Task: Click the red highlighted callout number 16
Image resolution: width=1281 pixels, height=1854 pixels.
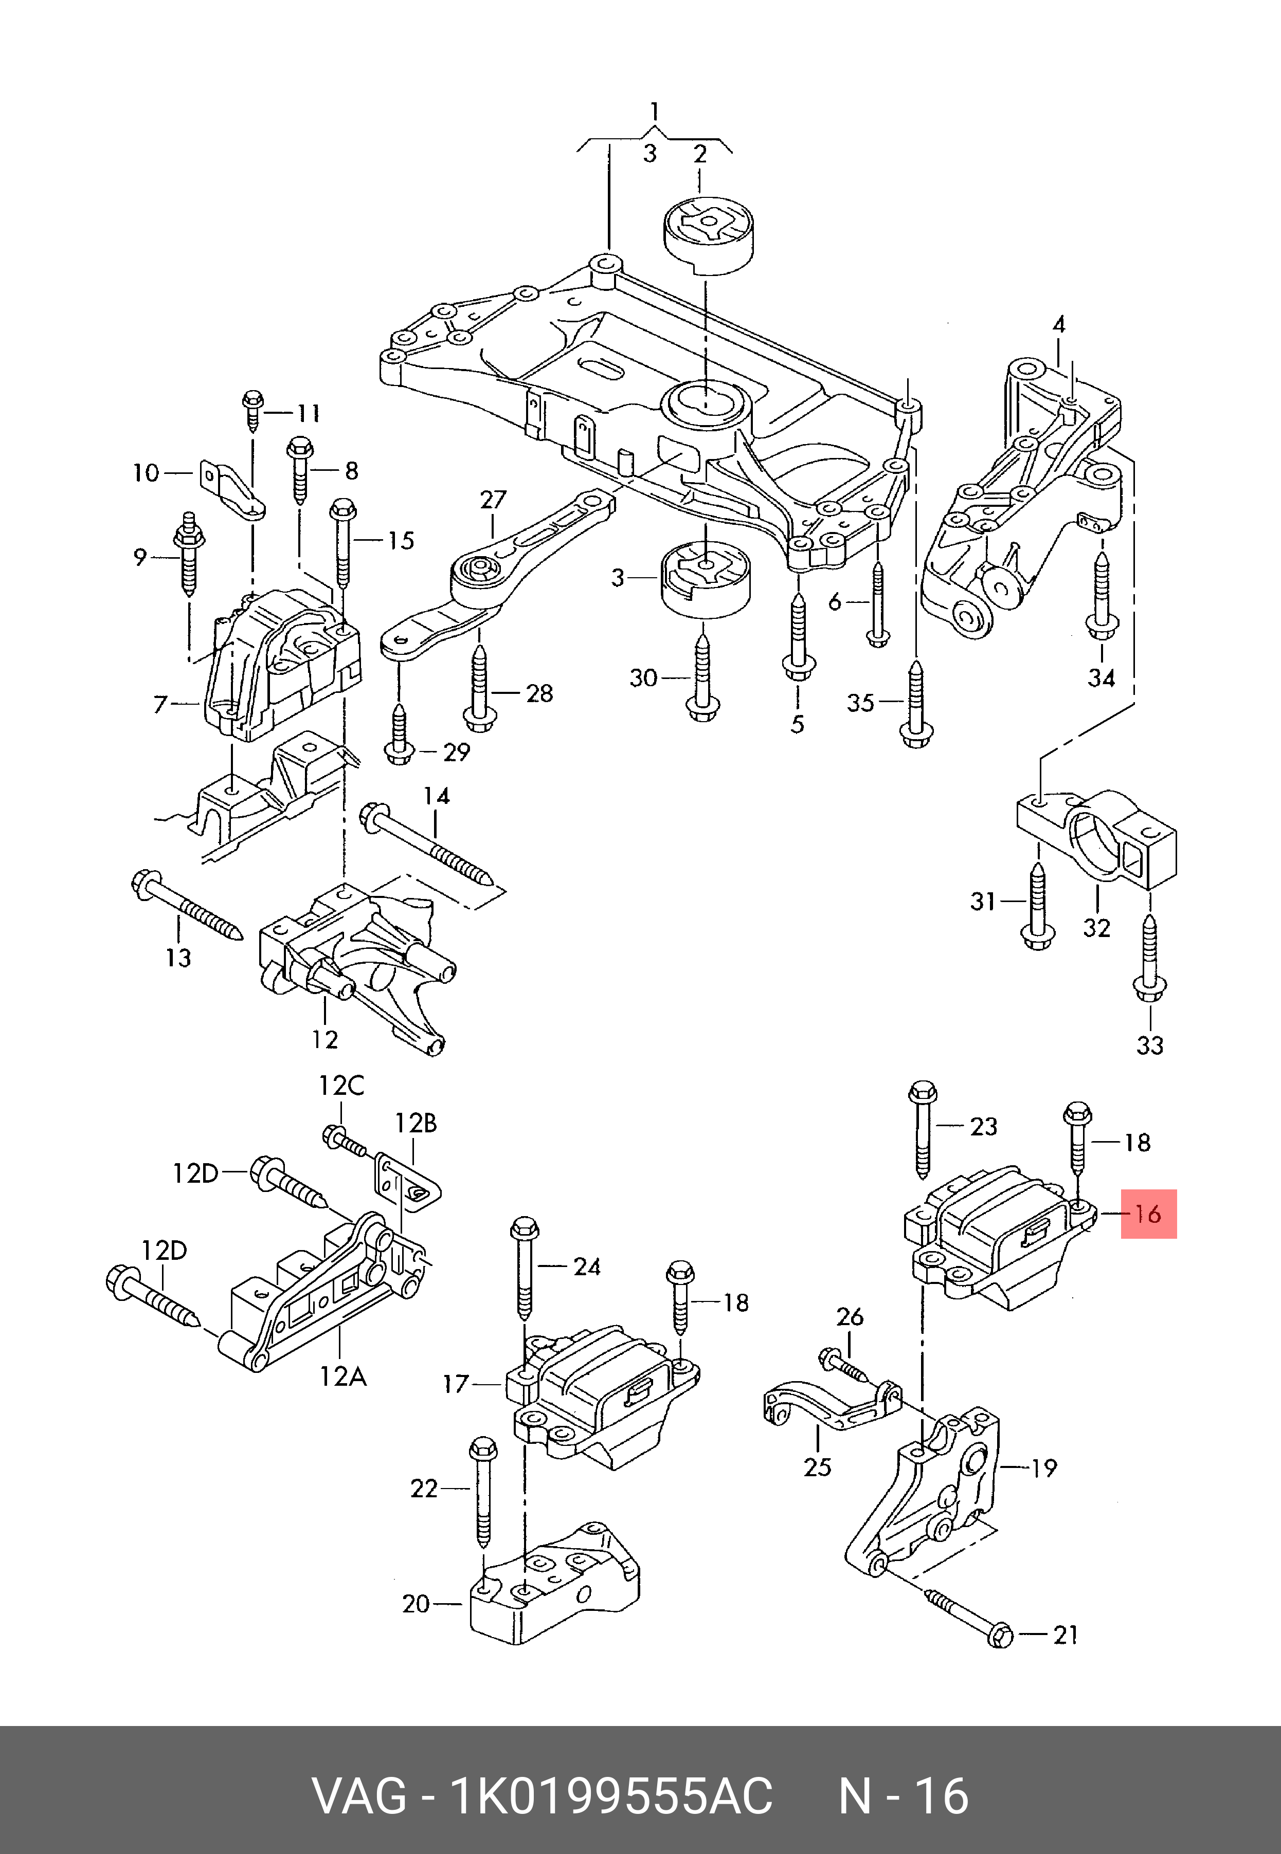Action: click(1148, 1214)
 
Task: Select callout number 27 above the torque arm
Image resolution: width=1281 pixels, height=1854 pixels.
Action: click(494, 500)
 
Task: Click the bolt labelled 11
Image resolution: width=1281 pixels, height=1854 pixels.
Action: click(251, 410)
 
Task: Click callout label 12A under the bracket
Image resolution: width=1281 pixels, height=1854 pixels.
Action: click(342, 1376)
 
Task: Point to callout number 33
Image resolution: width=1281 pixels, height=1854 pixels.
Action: click(1149, 1045)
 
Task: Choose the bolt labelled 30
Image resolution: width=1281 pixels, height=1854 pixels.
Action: click(703, 678)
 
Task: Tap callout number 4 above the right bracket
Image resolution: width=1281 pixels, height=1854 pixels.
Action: click(1059, 325)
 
